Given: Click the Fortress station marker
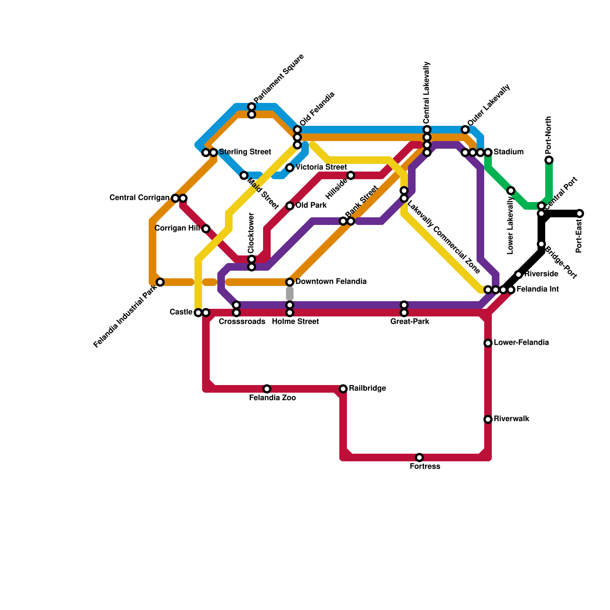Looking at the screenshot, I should click(419, 457).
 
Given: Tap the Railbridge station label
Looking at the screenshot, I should click(367, 388).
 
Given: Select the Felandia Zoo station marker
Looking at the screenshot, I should click(267, 389).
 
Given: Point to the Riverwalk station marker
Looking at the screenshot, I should click(488, 419).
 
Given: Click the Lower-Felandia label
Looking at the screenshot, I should click(521, 343).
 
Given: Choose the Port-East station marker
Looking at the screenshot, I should click(579, 213).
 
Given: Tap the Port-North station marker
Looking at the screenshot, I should click(549, 160).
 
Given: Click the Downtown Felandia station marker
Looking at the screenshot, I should click(290, 282).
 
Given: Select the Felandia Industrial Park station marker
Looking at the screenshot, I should click(160, 282).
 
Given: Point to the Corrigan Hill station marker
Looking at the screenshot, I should click(206, 229).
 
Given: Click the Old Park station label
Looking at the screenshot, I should click(311, 205).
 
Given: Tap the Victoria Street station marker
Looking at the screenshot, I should click(290, 168).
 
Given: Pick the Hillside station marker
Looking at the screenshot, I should click(351, 175).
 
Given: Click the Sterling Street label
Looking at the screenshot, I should click(245, 152).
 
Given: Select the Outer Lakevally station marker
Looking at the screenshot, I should click(465, 130).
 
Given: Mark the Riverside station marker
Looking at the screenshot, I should click(518, 274).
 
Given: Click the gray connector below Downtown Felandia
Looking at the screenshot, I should click(290, 294).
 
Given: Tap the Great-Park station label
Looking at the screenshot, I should click(410, 322).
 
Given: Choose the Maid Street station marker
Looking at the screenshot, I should click(244, 175).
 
